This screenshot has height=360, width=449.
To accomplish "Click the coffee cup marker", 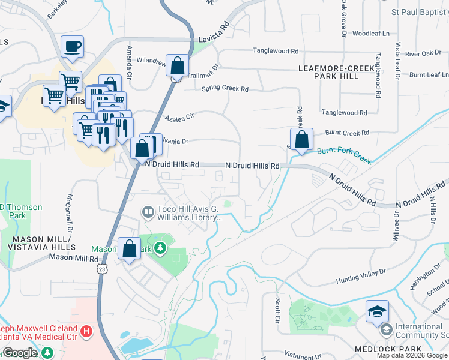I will [72, 46].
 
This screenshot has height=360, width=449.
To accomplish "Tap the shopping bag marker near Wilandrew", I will [177, 65].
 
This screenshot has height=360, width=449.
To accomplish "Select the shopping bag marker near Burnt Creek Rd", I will [301, 139].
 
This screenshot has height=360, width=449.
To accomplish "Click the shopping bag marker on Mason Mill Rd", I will [129, 249].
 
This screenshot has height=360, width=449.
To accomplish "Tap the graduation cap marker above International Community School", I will [376, 311].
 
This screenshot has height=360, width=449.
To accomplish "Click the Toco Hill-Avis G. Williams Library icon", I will [148, 212].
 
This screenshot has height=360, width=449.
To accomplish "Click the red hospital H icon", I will [87, 331].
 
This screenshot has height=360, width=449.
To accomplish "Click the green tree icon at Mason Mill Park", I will [160, 247].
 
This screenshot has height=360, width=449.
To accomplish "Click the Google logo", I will [19, 353].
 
